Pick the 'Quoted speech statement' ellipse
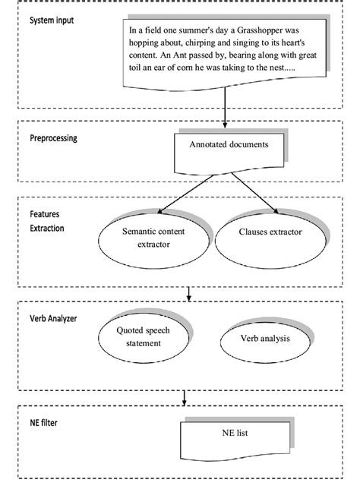[144, 337]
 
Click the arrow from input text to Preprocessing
[226, 107]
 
